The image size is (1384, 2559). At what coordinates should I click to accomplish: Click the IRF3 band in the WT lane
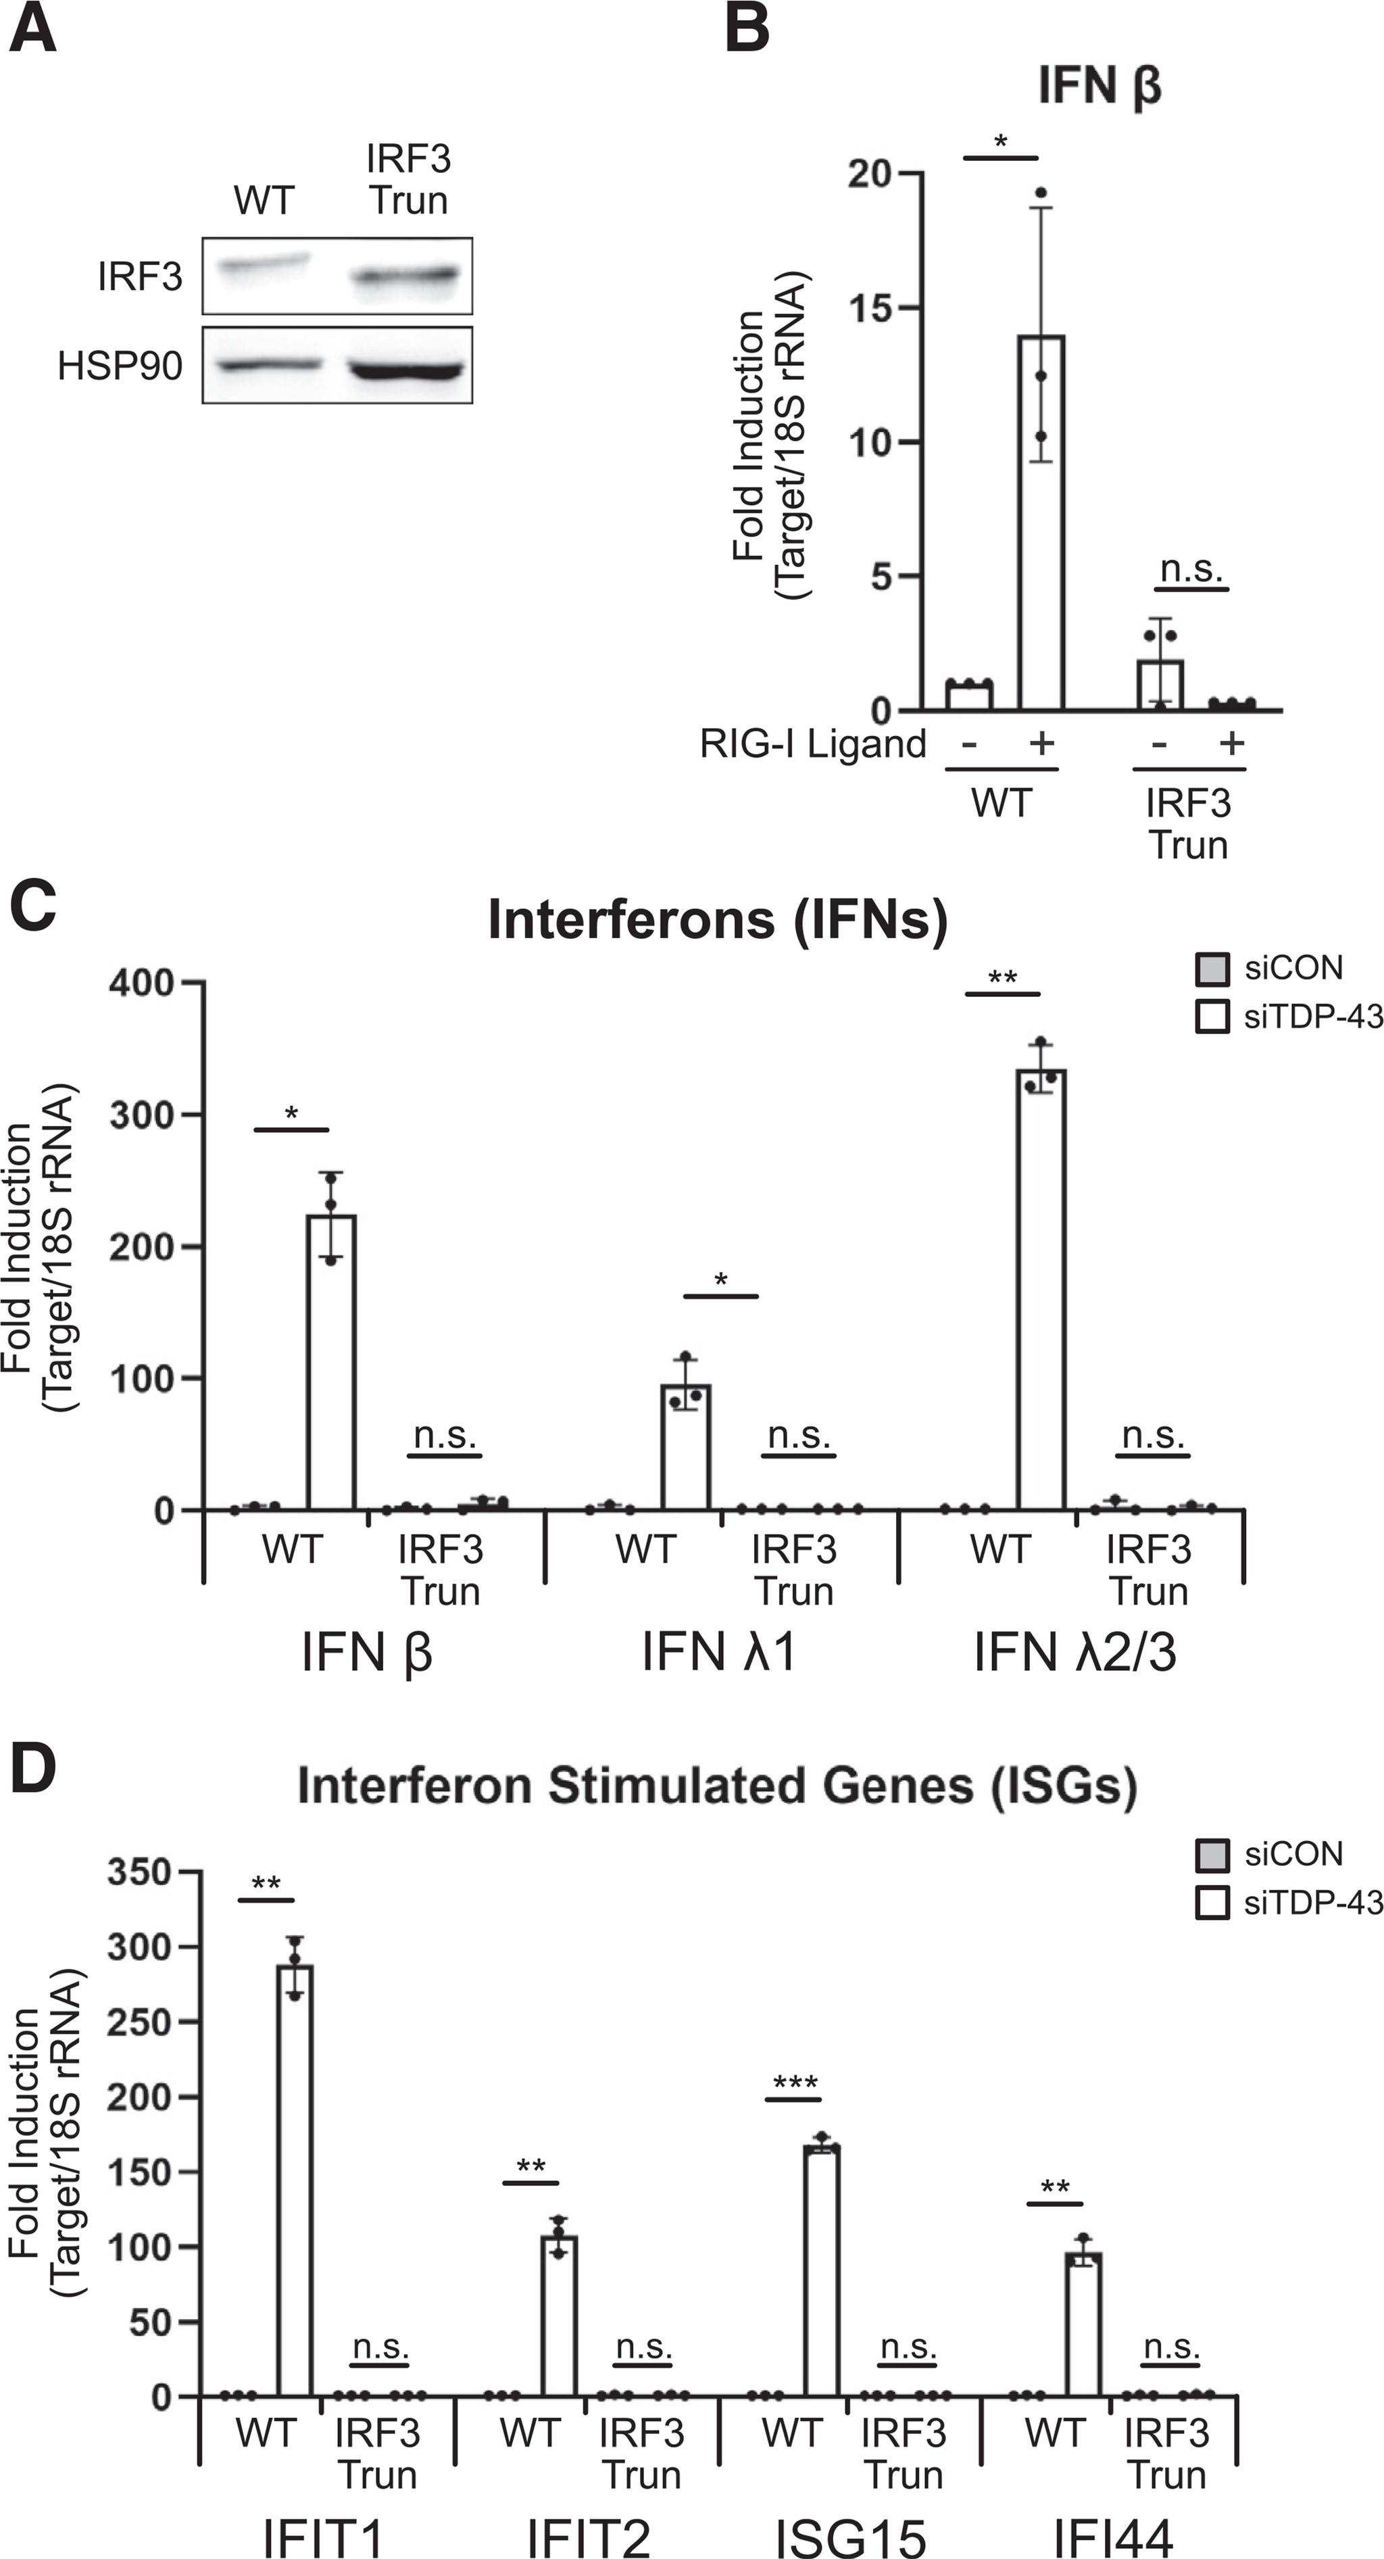(x=264, y=264)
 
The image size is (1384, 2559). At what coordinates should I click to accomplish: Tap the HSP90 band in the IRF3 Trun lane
(x=406, y=370)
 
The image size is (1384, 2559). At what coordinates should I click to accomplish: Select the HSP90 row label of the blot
(x=119, y=366)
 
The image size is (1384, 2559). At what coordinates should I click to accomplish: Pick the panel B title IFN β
(x=1099, y=85)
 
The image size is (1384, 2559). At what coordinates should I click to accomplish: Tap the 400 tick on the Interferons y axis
(x=142, y=983)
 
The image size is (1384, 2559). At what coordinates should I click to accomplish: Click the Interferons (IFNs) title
(x=717, y=920)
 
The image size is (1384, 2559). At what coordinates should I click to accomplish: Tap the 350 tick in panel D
(x=139, y=1872)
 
